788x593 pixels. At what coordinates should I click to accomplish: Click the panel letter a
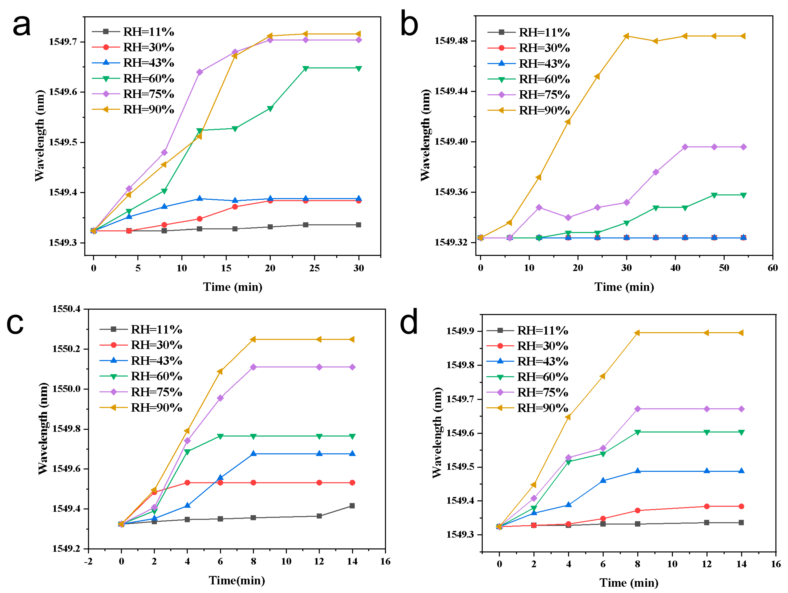(x=21, y=26)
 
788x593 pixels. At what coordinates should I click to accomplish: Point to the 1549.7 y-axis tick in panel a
(x=63, y=42)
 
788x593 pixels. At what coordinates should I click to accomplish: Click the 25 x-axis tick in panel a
(x=314, y=268)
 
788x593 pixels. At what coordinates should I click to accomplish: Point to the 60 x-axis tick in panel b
(x=772, y=268)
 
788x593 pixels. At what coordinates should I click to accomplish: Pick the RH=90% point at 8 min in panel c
(x=253, y=339)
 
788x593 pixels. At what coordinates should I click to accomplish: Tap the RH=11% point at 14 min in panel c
(x=352, y=506)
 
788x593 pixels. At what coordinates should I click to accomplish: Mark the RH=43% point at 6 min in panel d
(x=603, y=480)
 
